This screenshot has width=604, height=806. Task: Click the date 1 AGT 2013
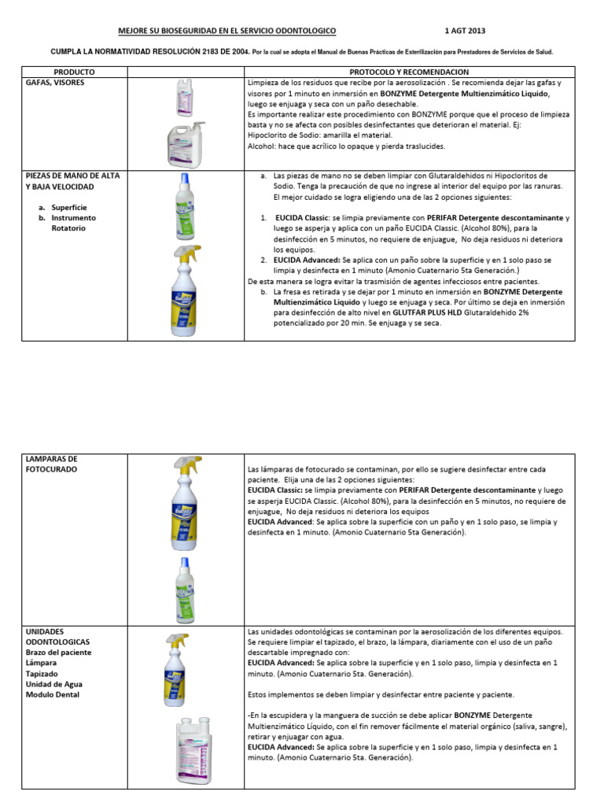click(x=465, y=31)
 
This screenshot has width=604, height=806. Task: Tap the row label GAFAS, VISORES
click(x=53, y=82)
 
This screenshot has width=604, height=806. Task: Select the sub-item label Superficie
click(x=70, y=207)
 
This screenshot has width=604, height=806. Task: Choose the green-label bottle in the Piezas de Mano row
click(x=185, y=206)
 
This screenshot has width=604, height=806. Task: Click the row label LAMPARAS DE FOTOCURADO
click(x=53, y=464)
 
